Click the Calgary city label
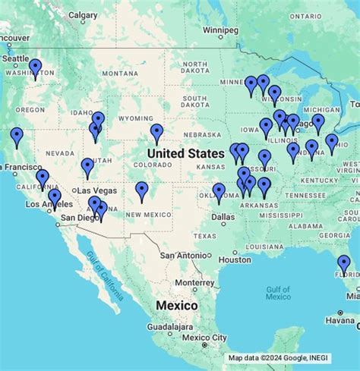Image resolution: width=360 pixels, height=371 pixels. click(x=83, y=14)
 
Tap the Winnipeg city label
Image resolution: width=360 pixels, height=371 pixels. click(x=220, y=30)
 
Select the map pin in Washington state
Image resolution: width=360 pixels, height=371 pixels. click(x=36, y=69)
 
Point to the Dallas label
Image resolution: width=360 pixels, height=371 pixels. click(x=224, y=216)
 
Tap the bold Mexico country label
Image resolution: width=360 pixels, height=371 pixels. click(x=176, y=305)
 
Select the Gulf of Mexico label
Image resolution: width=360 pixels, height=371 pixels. click(x=279, y=293)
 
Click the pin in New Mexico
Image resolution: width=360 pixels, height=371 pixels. click(x=141, y=192)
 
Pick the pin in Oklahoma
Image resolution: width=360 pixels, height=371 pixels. click(x=219, y=193)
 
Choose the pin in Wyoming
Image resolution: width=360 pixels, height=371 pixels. click(x=156, y=134)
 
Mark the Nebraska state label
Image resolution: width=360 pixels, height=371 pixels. click(x=203, y=134)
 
